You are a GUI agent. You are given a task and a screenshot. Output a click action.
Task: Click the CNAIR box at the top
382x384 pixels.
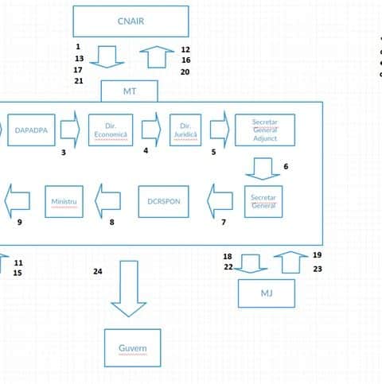(x=131, y=21)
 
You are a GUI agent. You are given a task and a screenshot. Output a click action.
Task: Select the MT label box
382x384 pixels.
(x=130, y=91)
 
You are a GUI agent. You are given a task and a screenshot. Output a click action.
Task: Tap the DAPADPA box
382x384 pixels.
(x=31, y=130)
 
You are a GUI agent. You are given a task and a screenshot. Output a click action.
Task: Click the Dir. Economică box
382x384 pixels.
(x=111, y=130)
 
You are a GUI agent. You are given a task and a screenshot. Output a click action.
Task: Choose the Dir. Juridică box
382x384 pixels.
(x=185, y=130)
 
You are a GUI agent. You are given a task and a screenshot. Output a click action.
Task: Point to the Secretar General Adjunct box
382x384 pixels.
(x=265, y=130)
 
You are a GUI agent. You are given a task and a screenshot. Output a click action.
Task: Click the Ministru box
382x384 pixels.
(x=64, y=202)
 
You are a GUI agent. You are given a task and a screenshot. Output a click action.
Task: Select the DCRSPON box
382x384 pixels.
(x=164, y=202)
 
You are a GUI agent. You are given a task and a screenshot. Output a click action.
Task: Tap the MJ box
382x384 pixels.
(x=267, y=293)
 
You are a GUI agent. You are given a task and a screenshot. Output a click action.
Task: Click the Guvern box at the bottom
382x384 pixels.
(x=133, y=348)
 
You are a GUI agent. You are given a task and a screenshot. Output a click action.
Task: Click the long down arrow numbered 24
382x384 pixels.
(x=129, y=289)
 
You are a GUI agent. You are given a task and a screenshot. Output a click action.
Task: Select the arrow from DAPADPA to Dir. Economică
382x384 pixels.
(x=70, y=130)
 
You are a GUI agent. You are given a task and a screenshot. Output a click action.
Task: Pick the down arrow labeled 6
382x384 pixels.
(x=263, y=169)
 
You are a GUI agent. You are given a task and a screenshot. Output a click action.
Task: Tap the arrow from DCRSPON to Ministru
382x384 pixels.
(x=108, y=201)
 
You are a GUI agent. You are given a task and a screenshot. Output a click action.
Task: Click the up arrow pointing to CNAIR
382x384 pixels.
(x=157, y=57)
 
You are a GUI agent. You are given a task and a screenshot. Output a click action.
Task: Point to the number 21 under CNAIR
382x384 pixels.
(x=79, y=81)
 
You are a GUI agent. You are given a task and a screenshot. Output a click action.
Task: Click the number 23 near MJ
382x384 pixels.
(x=318, y=269)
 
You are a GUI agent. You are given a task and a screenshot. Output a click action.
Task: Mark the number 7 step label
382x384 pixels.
(x=224, y=222)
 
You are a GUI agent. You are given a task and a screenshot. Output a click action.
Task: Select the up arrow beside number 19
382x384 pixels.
(x=291, y=262)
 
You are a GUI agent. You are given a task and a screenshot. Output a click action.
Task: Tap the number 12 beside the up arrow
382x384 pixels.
(x=185, y=49)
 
